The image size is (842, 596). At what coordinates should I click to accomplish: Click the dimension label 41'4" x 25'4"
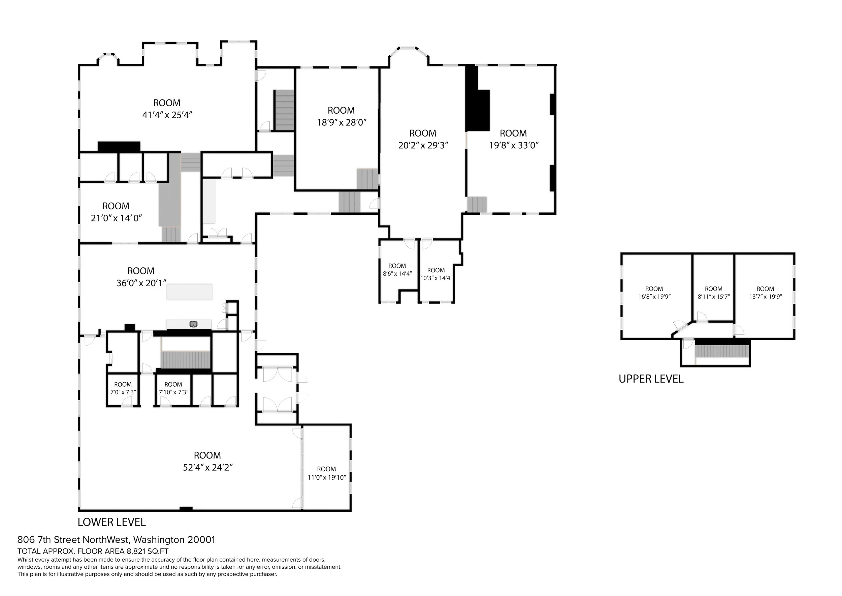tap(167, 115)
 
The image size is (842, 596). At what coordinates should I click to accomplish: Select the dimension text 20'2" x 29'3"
tap(423, 145)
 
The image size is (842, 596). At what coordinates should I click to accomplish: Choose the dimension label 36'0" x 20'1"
tap(141, 283)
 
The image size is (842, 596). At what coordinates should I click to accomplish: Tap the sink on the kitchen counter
tap(194, 324)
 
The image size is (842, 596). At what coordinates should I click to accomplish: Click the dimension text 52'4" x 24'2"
tap(208, 468)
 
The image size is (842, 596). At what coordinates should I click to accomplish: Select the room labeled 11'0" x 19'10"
tap(326, 473)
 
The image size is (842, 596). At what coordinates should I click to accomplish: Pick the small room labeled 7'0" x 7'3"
tap(123, 388)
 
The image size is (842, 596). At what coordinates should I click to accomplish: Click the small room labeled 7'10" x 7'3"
tap(173, 388)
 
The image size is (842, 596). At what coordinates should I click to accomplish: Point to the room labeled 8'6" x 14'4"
tap(397, 270)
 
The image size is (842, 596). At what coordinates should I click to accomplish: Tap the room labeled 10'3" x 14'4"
tap(436, 274)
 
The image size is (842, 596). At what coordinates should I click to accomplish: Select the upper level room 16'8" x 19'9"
tap(654, 293)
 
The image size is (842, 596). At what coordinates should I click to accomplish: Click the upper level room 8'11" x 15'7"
tap(713, 293)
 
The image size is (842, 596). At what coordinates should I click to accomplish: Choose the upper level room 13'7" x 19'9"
tap(765, 293)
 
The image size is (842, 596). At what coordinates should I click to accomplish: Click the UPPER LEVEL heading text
tap(651, 379)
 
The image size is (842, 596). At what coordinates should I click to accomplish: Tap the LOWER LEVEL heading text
tap(111, 522)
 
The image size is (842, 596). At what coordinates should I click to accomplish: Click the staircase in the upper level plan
tap(722, 351)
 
